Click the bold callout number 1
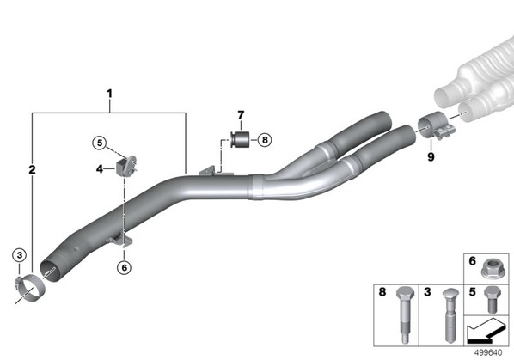(109, 94)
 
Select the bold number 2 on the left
(32, 169)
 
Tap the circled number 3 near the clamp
(20, 255)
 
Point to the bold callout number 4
(100, 169)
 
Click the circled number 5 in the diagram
(100, 143)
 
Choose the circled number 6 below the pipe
(125, 267)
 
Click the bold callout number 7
(241, 115)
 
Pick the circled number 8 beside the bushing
(265, 140)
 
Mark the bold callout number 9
(431, 157)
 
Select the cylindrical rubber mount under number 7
(240, 139)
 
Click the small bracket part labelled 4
(126, 167)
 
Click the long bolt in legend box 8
(405, 314)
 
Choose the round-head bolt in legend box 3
(450, 314)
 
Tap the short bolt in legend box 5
(492, 299)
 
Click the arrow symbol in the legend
(486, 331)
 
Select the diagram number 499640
(488, 352)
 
